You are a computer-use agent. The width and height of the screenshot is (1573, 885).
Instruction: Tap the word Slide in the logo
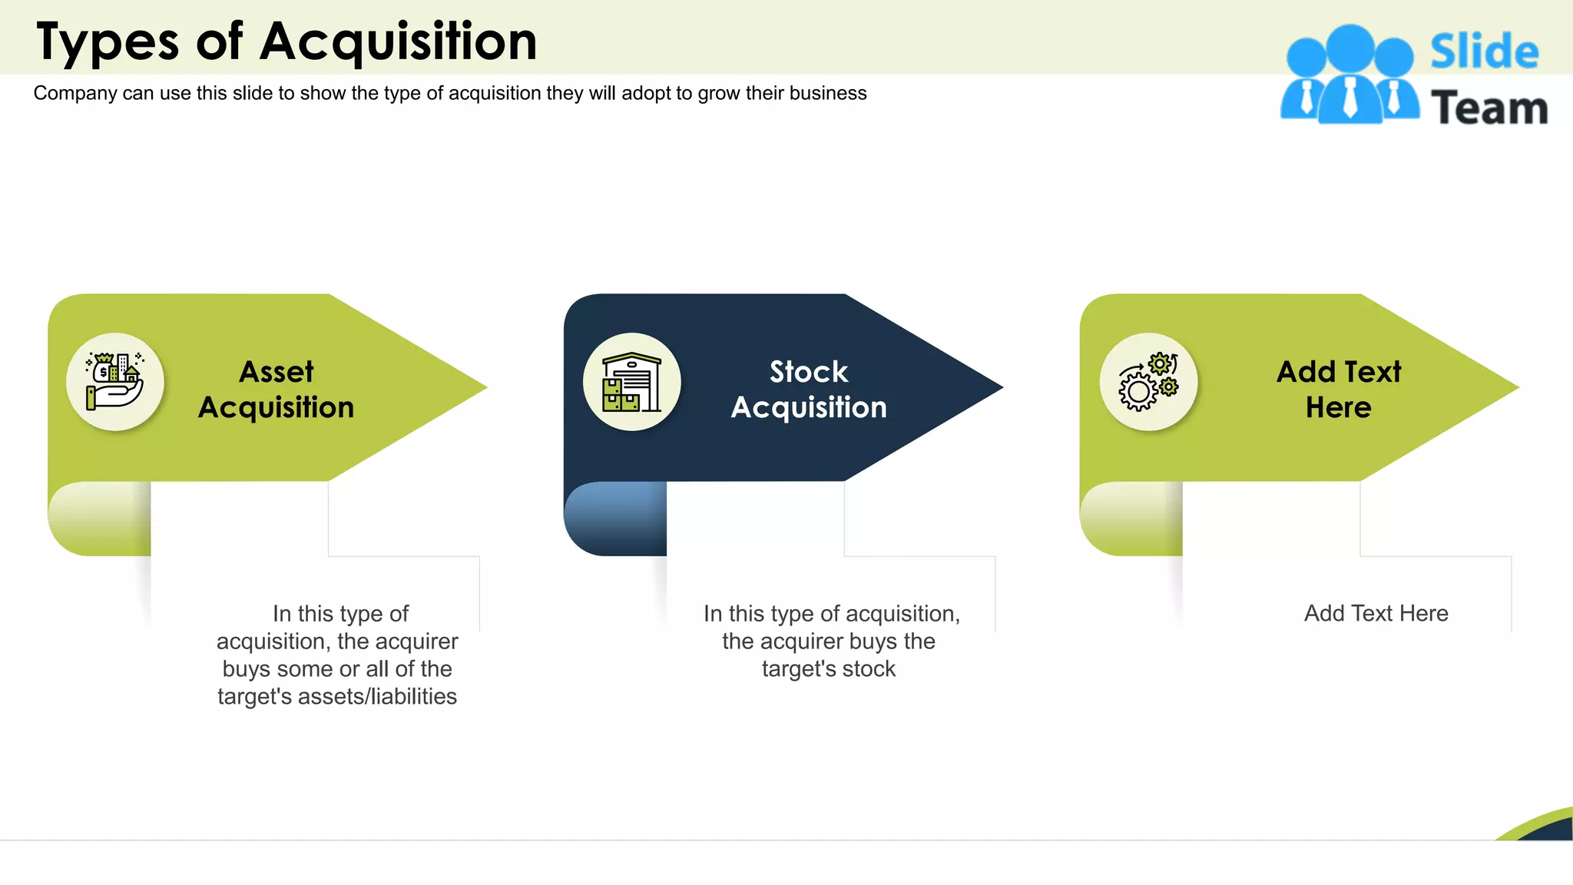tap(1484, 52)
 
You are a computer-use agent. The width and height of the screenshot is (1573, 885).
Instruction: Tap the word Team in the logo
tap(1489, 108)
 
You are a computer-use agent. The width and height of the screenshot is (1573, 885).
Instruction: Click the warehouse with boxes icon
tap(631, 382)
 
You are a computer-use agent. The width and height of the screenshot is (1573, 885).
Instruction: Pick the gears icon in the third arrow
tap(1148, 382)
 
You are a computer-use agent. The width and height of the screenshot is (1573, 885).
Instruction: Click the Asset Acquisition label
tap(277, 389)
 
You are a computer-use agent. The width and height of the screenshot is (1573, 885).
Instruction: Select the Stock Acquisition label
tap(809, 389)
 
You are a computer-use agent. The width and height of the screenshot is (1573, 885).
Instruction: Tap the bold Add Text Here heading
tap(1338, 389)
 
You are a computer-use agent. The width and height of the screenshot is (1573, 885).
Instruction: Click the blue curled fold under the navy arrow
tap(614, 519)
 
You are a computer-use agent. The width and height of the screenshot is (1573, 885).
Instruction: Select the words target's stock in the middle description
tap(829, 669)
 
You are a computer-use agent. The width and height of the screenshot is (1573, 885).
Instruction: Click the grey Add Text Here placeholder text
tap(1376, 614)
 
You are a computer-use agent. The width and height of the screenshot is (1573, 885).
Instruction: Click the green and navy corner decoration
tap(1544, 827)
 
